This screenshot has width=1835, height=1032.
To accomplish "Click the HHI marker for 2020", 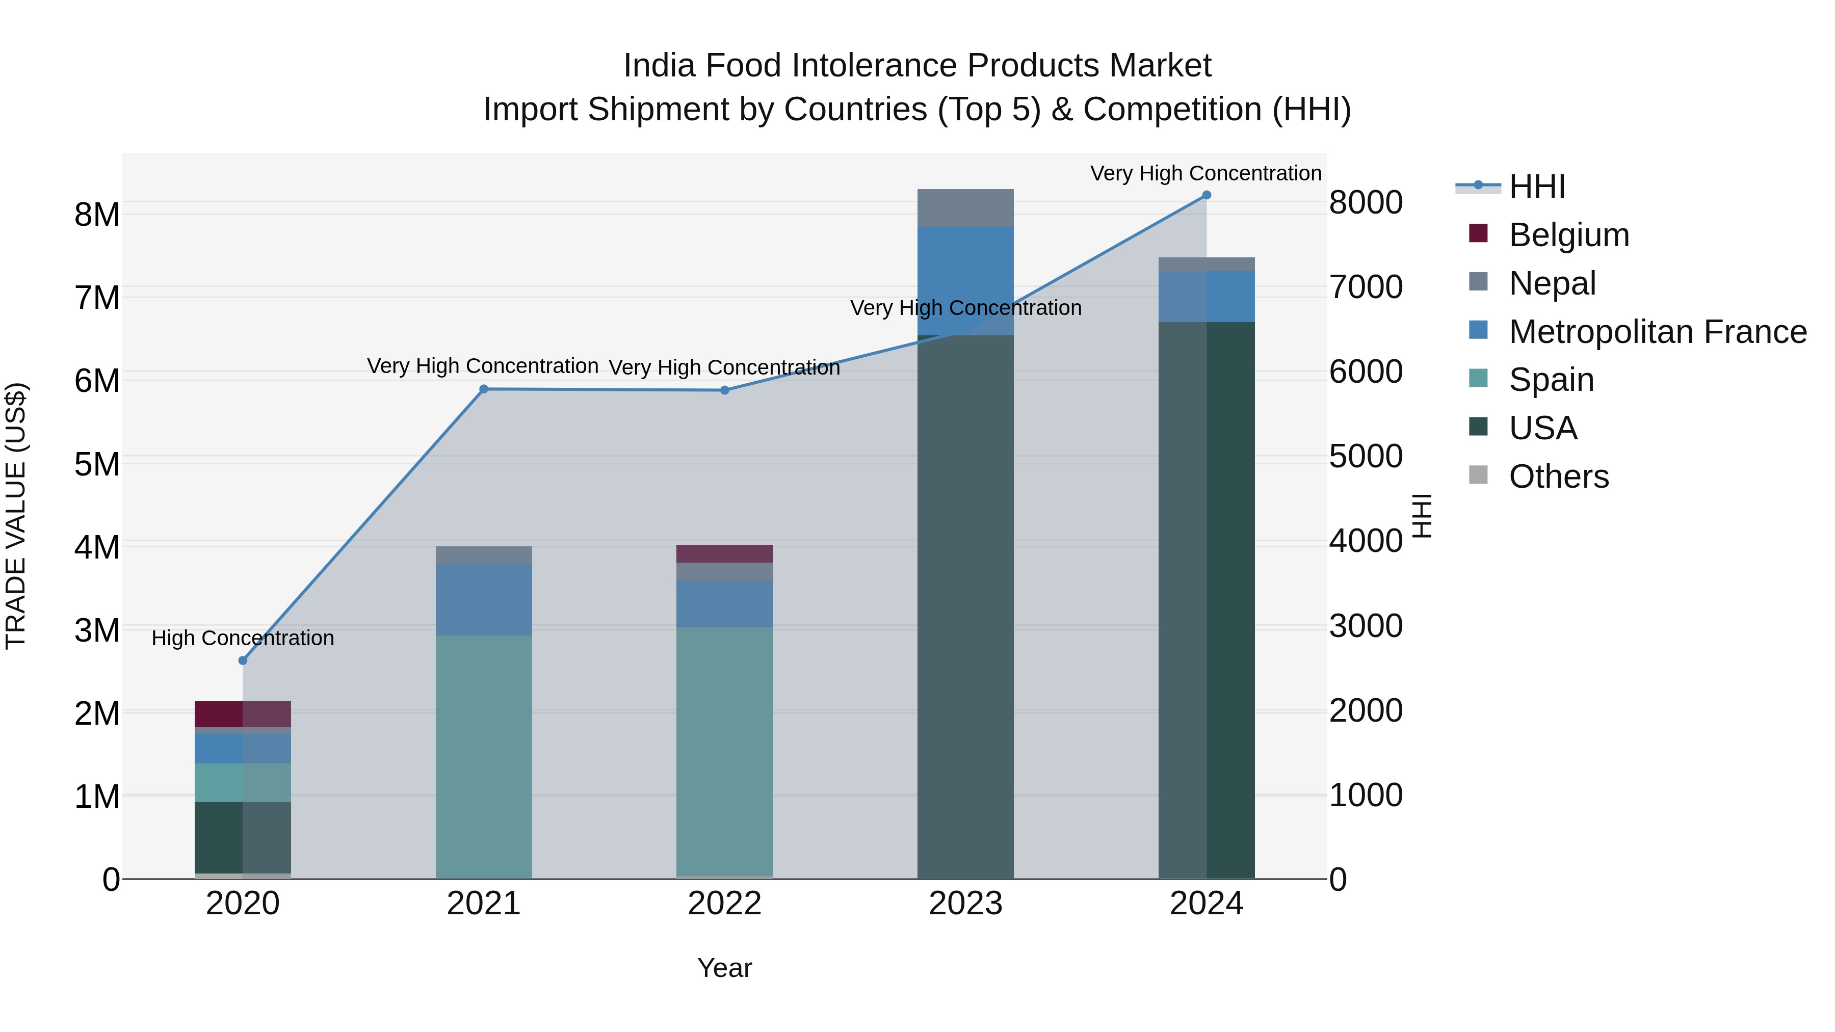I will point(243,660).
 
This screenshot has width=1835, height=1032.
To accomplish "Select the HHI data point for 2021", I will point(484,389).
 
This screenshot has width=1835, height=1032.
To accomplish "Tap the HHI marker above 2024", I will point(1206,195).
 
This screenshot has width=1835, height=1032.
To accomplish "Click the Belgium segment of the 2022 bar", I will point(724,553).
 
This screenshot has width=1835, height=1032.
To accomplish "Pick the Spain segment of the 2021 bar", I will point(484,755).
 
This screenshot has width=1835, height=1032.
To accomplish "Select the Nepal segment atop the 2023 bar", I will point(965,207).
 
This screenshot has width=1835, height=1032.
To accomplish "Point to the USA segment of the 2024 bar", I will point(1206,598).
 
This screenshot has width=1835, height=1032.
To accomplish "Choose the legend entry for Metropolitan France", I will point(1657,332).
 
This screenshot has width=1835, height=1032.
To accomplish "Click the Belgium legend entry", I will point(1568,235).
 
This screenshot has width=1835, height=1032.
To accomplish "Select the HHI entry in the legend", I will point(1536,187).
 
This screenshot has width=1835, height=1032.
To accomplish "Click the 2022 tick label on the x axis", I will point(724,904).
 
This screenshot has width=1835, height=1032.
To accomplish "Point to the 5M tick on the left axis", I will point(97,464).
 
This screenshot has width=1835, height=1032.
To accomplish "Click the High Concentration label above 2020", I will point(243,638).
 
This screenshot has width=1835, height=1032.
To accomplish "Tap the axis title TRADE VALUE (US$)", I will point(16,516).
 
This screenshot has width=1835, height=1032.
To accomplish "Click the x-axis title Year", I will point(724,968).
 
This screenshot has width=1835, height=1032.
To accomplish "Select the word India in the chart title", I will point(659,66).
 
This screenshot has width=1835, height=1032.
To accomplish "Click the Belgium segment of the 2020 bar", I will point(243,713).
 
